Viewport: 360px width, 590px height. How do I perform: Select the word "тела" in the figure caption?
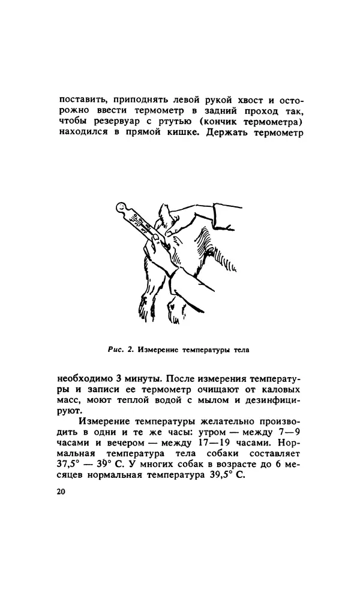click(x=238, y=348)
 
